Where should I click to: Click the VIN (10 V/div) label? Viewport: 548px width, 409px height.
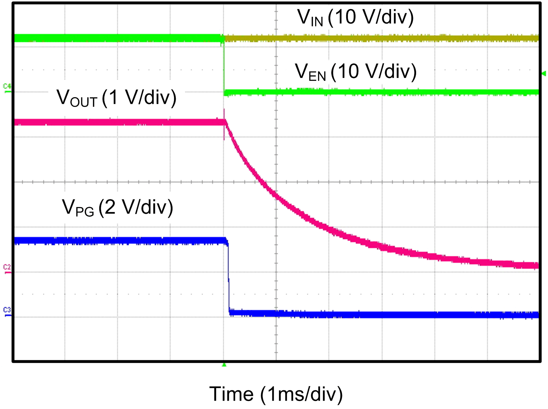[355, 17]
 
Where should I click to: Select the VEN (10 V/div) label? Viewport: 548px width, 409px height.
[356, 72]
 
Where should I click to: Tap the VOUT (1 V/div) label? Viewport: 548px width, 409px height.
[117, 98]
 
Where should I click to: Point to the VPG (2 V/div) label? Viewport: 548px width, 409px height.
[117, 208]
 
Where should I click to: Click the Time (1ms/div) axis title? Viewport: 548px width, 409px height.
[276, 394]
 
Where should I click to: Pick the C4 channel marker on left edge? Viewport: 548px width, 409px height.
[7, 87]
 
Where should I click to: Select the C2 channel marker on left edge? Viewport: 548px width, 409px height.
[7, 268]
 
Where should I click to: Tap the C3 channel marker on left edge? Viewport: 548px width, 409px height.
[7, 311]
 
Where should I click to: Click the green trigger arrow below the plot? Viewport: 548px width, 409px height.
[224, 365]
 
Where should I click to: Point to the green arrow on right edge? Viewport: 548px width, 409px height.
[544, 73]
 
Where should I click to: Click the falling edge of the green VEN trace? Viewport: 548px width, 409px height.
[224, 66]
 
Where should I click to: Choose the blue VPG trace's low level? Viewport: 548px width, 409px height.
[383, 315]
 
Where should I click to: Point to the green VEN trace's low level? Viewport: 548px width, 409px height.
[383, 92]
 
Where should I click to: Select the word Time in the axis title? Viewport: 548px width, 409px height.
[231, 394]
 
